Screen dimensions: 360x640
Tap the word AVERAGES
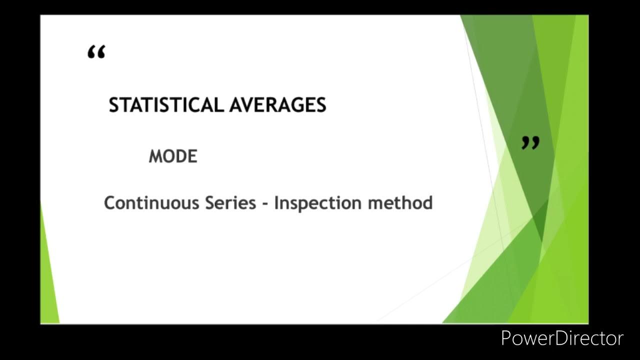[277, 105]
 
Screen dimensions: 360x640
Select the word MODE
[173, 156]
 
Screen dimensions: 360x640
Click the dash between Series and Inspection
[265, 204]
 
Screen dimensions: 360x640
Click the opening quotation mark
[96, 52]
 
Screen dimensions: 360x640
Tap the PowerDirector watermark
[562, 338]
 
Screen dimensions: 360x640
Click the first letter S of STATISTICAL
[114, 105]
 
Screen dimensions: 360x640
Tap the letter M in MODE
[155, 156]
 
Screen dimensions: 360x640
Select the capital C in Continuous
[109, 203]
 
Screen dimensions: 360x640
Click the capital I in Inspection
[276, 203]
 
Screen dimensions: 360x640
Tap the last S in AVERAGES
[321, 105]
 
